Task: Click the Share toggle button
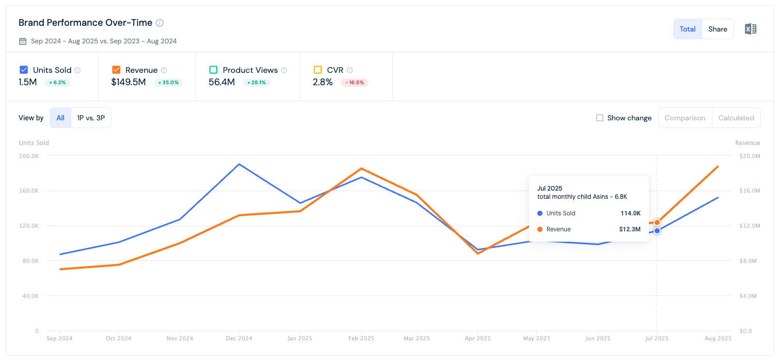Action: pyautogui.click(x=718, y=29)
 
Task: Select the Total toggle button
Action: pyautogui.click(x=687, y=29)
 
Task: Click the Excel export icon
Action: pyautogui.click(x=750, y=29)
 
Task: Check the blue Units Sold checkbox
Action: pyautogui.click(x=24, y=70)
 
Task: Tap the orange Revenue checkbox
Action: pyautogui.click(x=116, y=70)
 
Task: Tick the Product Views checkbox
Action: pyautogui.click(x=213, y=70)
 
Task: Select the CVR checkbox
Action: pyautogui.click(x=317, y=70)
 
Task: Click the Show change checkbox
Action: pyautogui.click(x=600, y=118)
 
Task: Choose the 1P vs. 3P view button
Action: pyautogui.click(x=91, y=118)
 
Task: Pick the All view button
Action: pyautogui.click(x=60, y=118)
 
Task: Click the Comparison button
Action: pyautogui.click(x=685, y=118)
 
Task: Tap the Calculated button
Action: pyautogui.click(x=736, y=118)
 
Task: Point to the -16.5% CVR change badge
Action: pyautogui.click(x=354, y=83)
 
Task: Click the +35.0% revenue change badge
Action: pyautogui.click(x=168, y=83)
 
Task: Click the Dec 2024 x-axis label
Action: pyautogui.click(x=239, y=338)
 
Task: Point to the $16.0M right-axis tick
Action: pyautogui.click(x=750, y=191)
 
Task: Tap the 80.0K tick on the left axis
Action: pyautogui.click(x=30, y=261)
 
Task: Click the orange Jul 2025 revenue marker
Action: pyautogui.click(x=657, y=223)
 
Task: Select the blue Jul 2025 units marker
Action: pyautogui.click(x=657, y=231)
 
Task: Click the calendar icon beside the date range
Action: pyautogui.click(x=23, y=41)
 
